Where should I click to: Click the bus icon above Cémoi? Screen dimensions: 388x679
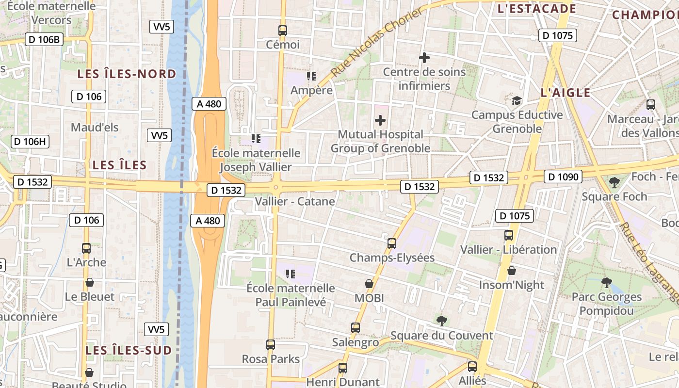(x=283, y=30)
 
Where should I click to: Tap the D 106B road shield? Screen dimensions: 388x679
(x=44, y=40)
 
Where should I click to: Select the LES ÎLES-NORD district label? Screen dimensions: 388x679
(x=127, y=74)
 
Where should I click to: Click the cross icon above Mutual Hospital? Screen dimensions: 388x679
(x=381, y=120)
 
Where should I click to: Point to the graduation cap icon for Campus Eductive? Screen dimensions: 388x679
(x=517, y=101)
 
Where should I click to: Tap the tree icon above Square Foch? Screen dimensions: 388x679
(x=614, y=182)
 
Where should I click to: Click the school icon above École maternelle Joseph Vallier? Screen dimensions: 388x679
(x=256, y=139)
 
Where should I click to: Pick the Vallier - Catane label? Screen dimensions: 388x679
(x=295, y=201)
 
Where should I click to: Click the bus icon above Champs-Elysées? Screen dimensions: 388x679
(x=392, y=243)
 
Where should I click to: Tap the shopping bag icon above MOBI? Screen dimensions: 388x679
(x=369, y=284)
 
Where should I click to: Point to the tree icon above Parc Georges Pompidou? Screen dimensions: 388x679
(x=606, y=282)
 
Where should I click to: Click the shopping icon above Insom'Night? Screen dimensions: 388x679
(x=511, y=271)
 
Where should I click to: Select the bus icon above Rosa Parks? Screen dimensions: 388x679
(x=271, y=345)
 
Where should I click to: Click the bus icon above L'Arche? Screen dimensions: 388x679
(x=86, y=248)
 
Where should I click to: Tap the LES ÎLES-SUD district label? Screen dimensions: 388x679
(x=129, y=350)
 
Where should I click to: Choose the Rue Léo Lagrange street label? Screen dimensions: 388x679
(x=650, y=262)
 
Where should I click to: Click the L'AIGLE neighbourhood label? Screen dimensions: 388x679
(x=566, y=93)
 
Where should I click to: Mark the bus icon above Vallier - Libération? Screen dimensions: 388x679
(x=509, y=235)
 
